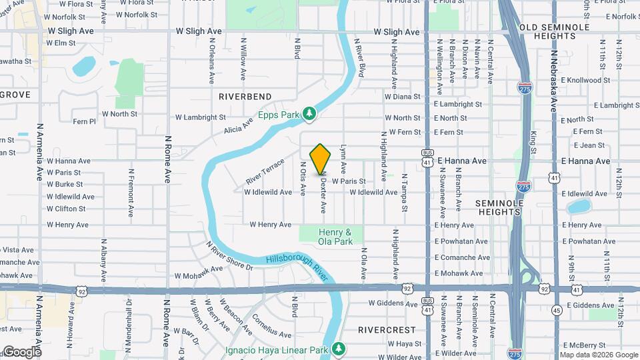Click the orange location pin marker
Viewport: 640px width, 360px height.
[x=321, y=159]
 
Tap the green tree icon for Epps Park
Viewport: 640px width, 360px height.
[x=309, y=115]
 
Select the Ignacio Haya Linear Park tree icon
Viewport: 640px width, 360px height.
[x=339, y=349]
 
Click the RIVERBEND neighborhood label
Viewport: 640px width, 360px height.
[x=245, y=97]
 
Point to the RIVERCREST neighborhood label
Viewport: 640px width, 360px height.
[x=387, y=330]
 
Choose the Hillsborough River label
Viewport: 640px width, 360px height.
[x=298, y=268]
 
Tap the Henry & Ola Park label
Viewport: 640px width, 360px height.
[x=335, y=237]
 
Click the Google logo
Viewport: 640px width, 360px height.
[x=21, y=352]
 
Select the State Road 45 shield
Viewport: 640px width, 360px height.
[x=557, y=309]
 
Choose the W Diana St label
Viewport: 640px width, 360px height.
[x=402, y=97]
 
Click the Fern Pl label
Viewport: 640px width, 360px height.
[x=85, y=122]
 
